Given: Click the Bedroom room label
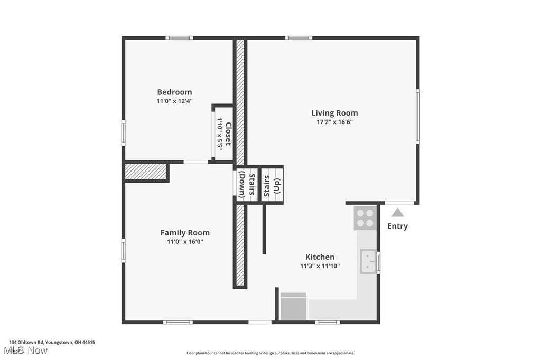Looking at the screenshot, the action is (x=174, y=92).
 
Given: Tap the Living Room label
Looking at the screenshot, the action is (x=334, y=113).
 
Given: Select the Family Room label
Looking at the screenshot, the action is (x=185, y=233).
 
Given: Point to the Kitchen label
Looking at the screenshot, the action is (x=320, y=257).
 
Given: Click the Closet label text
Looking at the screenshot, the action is (x=228, y=134).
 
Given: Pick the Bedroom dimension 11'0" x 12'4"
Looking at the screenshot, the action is (x=174, y=101).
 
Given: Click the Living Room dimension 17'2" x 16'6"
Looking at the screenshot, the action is (x=334, y=122).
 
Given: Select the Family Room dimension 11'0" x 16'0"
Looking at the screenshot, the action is (x=185, y=242).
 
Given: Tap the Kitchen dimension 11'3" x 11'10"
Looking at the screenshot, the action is (x=320, y=266).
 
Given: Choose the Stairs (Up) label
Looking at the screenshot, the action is (x=272, y=186).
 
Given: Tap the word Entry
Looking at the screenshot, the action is (x=397, y=226).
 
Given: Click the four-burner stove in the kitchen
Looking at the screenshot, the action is (x=365, y=218).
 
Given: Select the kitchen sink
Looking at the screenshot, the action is (x=368, y=261).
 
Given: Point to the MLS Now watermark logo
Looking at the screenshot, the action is (x=25, y=351).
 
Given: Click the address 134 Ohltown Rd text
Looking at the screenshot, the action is (x=52, y=343).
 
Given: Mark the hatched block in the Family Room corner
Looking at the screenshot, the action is (x=145, y=172).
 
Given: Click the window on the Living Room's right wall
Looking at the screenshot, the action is (x=417, y=117).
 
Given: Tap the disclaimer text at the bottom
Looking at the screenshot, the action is (x=270, y=353).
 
